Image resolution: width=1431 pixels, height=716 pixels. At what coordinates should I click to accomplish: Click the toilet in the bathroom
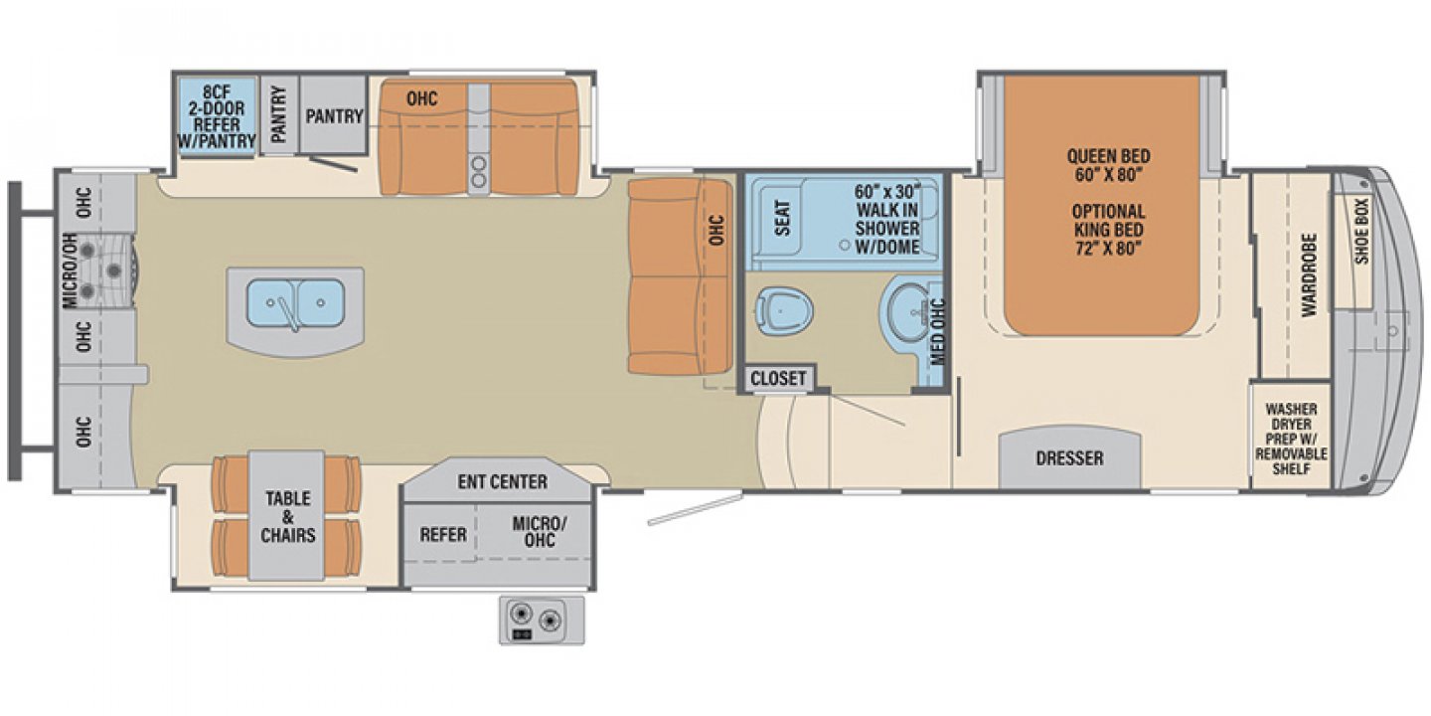pyautogui.click(x=783, y=309)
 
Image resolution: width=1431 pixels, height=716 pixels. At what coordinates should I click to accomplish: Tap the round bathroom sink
pyautogui.click(x=904, y=309)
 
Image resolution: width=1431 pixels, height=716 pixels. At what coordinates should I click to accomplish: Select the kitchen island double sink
pyautogui.click(x=294, y=297)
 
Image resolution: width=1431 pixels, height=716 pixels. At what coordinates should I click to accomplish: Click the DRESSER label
pyautogui.click(x=1069, y=458)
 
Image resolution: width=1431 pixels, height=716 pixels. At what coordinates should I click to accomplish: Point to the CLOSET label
pyautogui.click(x=778, y=379)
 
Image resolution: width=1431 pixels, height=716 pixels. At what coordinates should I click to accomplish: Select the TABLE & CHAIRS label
pyautogui.click(x=287, y=516)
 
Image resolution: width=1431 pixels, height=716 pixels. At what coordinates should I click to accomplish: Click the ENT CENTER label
pyautogui.click(x=502, y=482)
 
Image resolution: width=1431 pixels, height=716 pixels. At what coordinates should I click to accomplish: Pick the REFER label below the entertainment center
pyautogui.click(x=442, y=534)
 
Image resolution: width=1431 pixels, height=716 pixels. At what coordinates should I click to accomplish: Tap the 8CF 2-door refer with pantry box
pyautogui.click(x=215, y=111)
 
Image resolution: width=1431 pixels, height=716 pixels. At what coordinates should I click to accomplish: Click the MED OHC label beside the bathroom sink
pyautogui.click(x=936, y=327)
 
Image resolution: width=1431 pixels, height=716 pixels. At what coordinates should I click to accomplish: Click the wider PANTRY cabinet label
pyautogui.click(x=334, y=116)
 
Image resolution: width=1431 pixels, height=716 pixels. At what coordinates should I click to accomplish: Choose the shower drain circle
pyautogui.click(x=843, y=243)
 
